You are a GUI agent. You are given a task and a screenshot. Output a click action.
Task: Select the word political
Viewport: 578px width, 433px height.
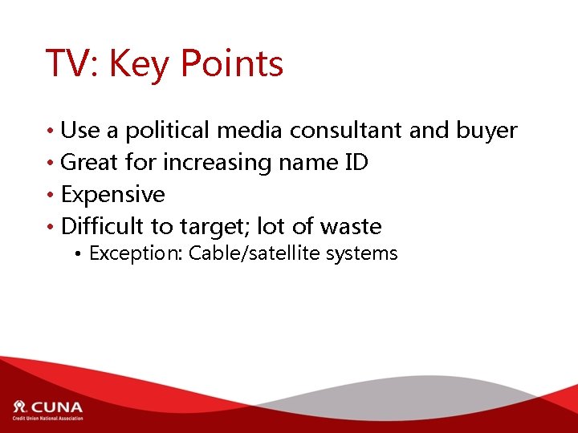coord(166,131)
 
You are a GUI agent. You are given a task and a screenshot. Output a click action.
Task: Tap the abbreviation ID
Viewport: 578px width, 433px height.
coord(356,163)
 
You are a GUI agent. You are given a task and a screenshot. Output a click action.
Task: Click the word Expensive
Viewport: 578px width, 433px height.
coord(113,195)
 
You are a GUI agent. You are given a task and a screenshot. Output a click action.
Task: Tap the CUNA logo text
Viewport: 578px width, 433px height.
coord(56,407)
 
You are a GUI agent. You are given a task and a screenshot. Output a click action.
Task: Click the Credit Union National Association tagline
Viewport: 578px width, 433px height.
coord(47,418)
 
